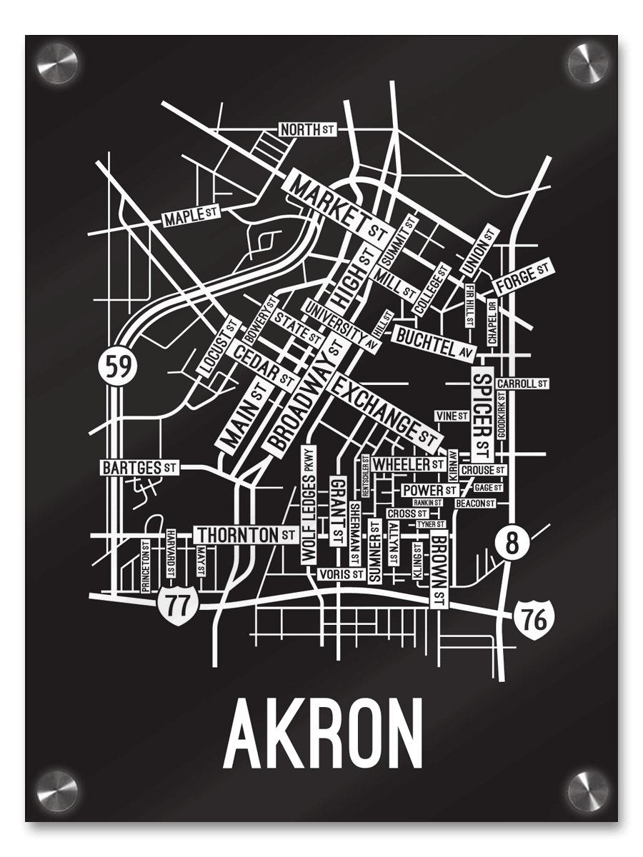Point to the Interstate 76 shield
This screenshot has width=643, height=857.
point(534,617)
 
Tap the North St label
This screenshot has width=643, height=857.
point(306,130)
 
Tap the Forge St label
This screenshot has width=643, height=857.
point(524,277)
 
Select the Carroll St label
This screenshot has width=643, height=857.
point(522,384)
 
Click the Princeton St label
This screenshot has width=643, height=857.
point(145,566)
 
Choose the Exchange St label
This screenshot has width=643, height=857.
point(386,409)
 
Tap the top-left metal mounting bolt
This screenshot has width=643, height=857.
point(58,63)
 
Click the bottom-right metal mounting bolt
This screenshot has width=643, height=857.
point(587,791)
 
